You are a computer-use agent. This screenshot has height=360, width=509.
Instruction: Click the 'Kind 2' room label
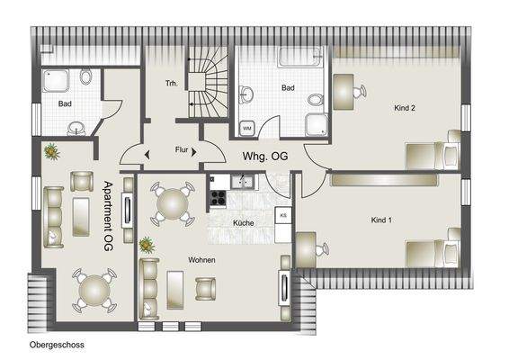406,109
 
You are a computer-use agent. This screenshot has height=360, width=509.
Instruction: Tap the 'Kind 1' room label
384,220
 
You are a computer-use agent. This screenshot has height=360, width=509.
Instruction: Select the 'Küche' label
243,222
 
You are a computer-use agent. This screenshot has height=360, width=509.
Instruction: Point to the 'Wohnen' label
201,259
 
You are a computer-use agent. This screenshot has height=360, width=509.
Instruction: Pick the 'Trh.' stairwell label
171,84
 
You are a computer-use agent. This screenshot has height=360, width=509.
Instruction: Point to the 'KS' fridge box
283,216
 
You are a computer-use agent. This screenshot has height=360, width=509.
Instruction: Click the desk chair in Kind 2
360,91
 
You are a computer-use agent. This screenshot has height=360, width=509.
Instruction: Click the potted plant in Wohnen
146,244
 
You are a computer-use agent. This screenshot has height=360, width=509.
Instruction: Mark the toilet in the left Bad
85,77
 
